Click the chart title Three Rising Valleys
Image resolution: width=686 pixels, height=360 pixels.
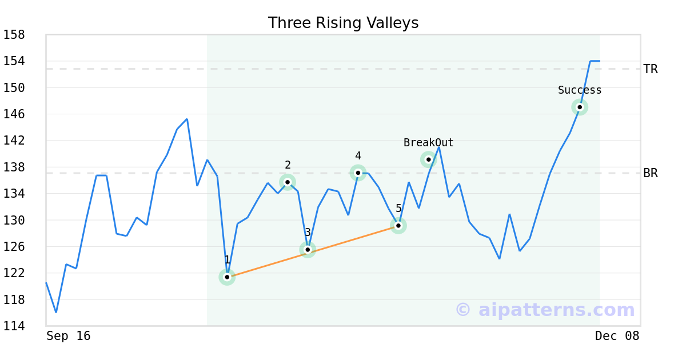(x=343, y=23)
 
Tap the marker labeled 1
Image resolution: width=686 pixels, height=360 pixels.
(x=227, y=277)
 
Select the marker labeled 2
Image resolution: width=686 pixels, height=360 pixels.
(x=288, y=182)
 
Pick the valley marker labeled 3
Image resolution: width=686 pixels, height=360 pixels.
(x=308, y=249)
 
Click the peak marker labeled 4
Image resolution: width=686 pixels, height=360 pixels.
(x=358, y=173)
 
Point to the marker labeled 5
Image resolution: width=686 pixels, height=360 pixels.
(x=398, y=226)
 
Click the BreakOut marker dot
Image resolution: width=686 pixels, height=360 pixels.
(x=428, y=159)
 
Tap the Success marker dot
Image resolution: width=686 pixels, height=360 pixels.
(x=580, y=107)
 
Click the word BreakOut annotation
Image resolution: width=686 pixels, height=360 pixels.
(x=428, y=143)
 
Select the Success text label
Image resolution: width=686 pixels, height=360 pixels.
(x=580, y=90)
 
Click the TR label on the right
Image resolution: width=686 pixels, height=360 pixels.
(x=651, y=69)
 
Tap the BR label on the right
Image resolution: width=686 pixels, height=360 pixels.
(x=651, y=173)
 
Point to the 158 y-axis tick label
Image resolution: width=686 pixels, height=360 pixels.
(x=14, y=35)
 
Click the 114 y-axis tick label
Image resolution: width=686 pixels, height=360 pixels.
(x=14, y=326)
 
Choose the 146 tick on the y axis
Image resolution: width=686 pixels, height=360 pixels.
(x=14, y=114)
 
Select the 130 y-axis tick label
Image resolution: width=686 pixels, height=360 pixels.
(x=14, y=220)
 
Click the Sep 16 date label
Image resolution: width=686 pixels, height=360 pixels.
(x=69, y=336)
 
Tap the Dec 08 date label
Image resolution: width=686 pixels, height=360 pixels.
(x=617, y=336)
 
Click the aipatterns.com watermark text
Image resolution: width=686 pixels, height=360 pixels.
(x=545, y=310)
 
